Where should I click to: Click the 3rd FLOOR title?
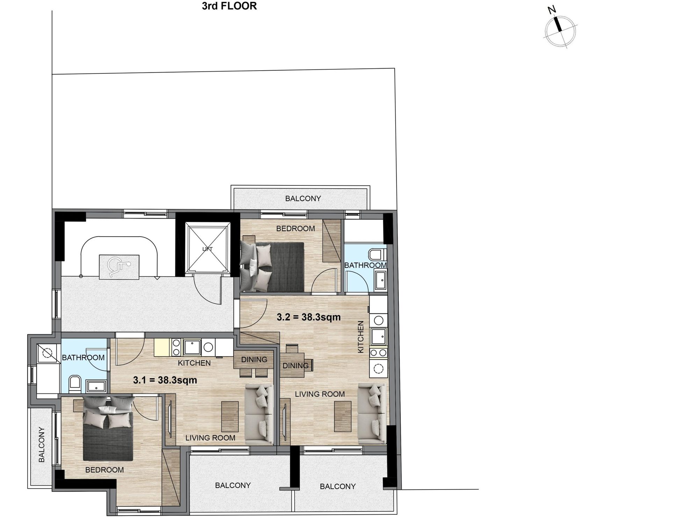pos(229,6)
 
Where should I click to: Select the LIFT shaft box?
pos(208,249)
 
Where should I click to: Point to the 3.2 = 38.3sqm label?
pos(309,317)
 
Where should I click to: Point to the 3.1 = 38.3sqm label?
pos(165,380)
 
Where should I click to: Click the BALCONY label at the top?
pos(303,198)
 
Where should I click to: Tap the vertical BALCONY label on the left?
pos(42,444)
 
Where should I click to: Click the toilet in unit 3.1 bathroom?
pos(74,384)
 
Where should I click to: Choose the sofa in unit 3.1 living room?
pos(259,415)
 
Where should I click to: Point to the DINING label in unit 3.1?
pos(254,359)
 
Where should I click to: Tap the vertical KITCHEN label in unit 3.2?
pos(361,337)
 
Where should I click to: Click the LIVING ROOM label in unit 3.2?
pos(320,394)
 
